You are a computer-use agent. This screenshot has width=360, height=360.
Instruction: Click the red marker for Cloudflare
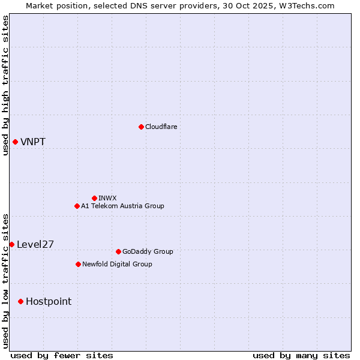point(141,127)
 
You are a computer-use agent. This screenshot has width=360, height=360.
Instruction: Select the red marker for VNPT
point(15,142)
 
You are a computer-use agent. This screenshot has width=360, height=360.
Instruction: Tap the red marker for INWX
point(94,198)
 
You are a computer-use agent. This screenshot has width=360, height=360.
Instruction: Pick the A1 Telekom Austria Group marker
point(77,206)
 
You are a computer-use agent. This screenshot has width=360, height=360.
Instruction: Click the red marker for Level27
point(11,244)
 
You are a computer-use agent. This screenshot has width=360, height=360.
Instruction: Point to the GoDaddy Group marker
point(118,251)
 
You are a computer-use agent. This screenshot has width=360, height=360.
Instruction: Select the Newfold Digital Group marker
point(78,264)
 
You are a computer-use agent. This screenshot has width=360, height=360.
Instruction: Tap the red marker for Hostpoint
point(20,301)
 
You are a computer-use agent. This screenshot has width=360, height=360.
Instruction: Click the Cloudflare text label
point(161,127)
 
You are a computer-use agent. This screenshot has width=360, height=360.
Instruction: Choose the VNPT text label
point(33,142)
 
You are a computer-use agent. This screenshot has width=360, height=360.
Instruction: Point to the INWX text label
point(107,198)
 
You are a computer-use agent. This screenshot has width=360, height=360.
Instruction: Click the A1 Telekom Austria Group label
point(122,206)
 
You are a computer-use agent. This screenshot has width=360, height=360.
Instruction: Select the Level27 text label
point(35,244)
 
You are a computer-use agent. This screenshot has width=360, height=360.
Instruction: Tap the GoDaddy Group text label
point(148,251)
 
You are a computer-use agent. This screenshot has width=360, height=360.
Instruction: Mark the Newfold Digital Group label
point(117,264)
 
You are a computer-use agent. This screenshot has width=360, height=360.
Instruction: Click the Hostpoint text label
point(49,301)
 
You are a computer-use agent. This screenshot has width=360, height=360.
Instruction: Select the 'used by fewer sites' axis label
point(62,355)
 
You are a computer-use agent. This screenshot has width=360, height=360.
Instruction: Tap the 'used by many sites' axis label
point(301,355)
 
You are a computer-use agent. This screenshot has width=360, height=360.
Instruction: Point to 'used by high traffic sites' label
point(5,85)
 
